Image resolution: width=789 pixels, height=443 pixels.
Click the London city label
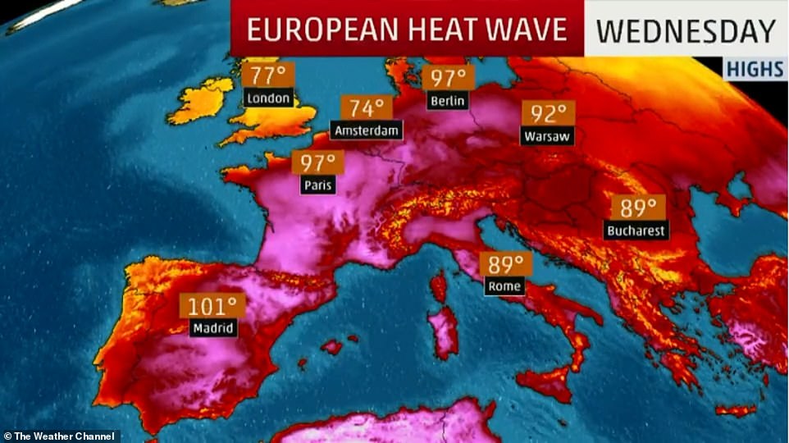point(268,98)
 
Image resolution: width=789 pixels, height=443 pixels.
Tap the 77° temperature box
point(268,77)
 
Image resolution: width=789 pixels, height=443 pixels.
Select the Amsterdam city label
point(367,130)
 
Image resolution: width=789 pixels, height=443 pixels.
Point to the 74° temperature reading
point(367,108)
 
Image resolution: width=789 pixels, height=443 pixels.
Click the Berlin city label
point(448,101)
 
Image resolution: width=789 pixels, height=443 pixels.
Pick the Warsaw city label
point(547,136)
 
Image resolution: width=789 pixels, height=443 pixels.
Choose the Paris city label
point(318,185)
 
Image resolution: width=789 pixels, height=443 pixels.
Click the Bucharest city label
point(636,231)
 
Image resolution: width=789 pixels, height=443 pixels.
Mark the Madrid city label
point(213,329)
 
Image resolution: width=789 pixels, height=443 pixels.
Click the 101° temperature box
point(212,307)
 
